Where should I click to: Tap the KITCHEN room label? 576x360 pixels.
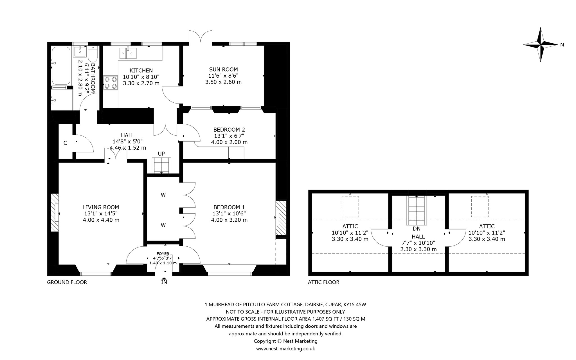click(141, 71)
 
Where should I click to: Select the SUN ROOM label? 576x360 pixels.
click(224, 69)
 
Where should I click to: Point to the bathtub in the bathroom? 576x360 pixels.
click(60, 66)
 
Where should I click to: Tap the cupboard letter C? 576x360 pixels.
click(65, 143)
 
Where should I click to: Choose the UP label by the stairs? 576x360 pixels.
click(161, 154)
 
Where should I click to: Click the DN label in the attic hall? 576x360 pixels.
click(417, 229)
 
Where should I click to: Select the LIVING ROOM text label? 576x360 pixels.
click(101, 207)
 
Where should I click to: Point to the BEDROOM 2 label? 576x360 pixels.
click(229, 130)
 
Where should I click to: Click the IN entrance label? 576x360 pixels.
click(164, 282)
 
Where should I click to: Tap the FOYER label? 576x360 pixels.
click(163, 254)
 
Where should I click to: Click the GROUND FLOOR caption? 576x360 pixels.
click(67, 282)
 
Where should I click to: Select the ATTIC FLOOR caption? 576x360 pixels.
click(324, 282)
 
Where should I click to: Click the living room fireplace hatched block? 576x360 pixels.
click(55, 213)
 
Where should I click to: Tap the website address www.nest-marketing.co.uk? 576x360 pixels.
click(285, 348)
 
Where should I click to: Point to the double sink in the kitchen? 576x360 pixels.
click(128, 53)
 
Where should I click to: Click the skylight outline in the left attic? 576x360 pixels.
click(350, 206)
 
